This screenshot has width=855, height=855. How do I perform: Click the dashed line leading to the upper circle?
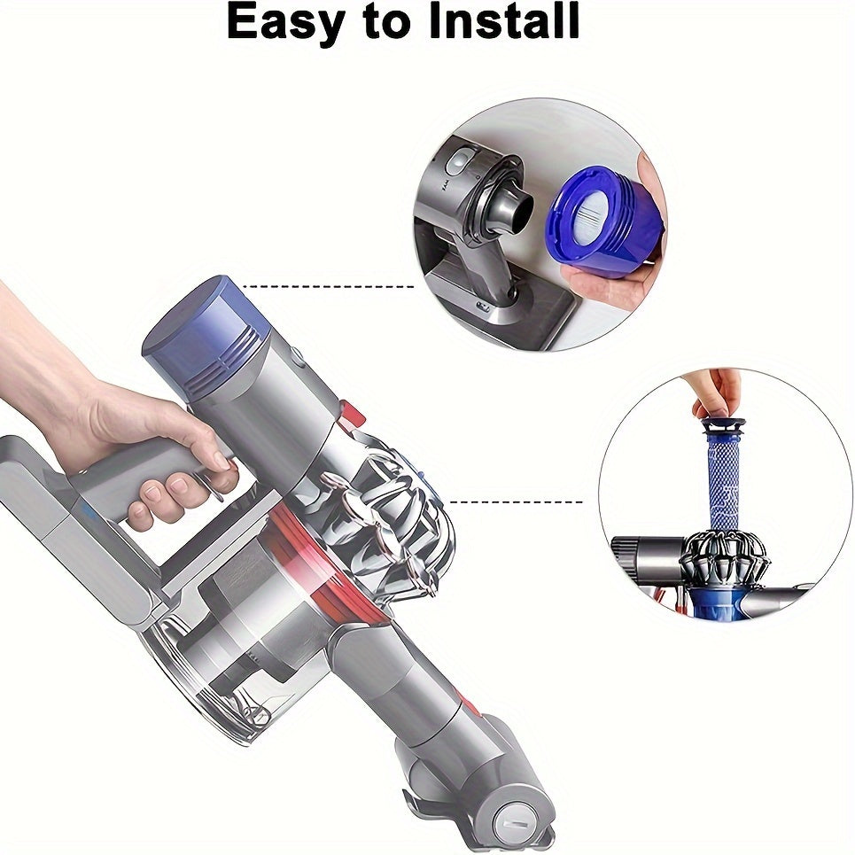328,286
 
